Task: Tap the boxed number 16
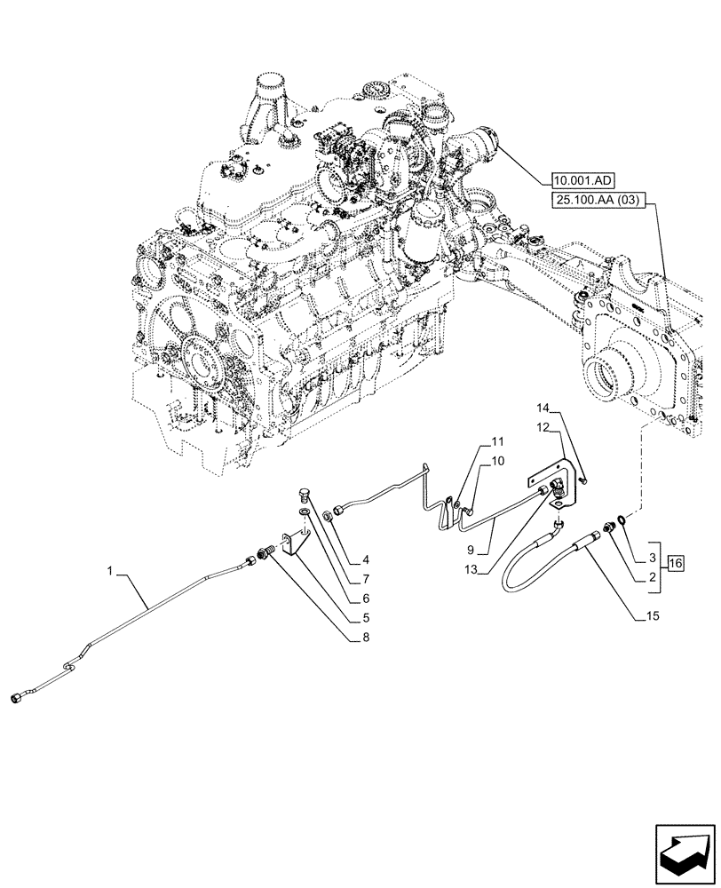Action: pyautogui.click(x=675, y=564)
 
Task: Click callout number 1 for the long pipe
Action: pyautogui.click(x=110, y=573)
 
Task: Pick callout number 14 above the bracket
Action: pyautogui.click(x=543, y=408)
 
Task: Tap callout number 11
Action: pyautogui.click(x=496, y=440)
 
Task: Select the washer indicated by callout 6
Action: pyautogui.click(x=306, y=510)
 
